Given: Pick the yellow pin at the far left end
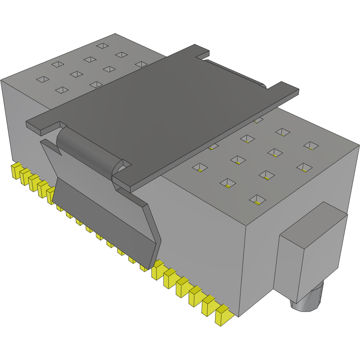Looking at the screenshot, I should point(16,170).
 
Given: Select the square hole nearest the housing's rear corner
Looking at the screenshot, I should point(103,46).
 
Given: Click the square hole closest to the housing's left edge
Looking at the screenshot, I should point(43,79).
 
